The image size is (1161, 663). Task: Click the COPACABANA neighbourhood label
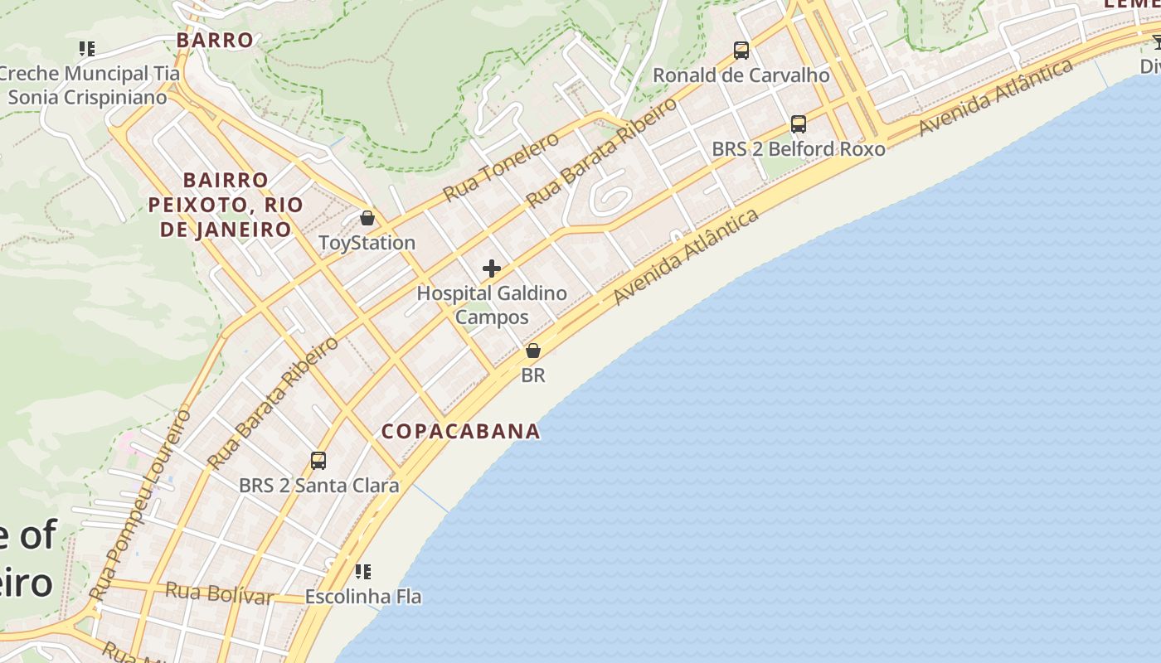point(460,431)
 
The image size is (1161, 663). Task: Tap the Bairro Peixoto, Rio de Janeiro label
point(220,204)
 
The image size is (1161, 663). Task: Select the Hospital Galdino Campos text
point(492,305)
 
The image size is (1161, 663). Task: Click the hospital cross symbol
point(492,269)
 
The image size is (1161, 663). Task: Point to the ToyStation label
point(367,243)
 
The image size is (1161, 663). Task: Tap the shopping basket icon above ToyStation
point(367,218)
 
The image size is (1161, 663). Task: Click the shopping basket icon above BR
point(533,351)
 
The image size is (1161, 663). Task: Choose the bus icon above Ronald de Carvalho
point(741,51)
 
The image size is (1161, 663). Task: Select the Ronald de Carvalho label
point(741,75)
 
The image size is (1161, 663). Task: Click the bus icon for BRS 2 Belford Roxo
point(799,124)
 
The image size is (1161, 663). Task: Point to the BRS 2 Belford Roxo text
point(799,149)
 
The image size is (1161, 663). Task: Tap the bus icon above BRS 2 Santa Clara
point(318,461)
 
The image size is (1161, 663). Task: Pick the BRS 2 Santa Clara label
point(318,486)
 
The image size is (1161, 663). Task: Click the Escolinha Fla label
point(362,597)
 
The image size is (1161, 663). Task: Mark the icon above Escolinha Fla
point(362,571)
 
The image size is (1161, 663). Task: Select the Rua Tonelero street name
point(501,167)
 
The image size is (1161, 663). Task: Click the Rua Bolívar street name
point(219,593)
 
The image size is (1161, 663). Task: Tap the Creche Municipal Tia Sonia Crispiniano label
point(87,85)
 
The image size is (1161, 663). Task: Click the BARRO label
point(215,40)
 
